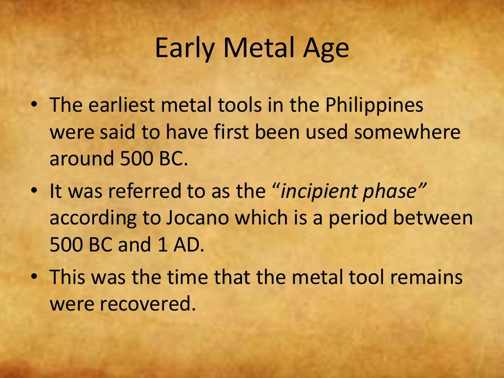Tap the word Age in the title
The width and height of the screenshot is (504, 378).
click(x=327, y=49)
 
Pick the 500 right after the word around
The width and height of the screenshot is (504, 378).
click(x=135, y=159)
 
